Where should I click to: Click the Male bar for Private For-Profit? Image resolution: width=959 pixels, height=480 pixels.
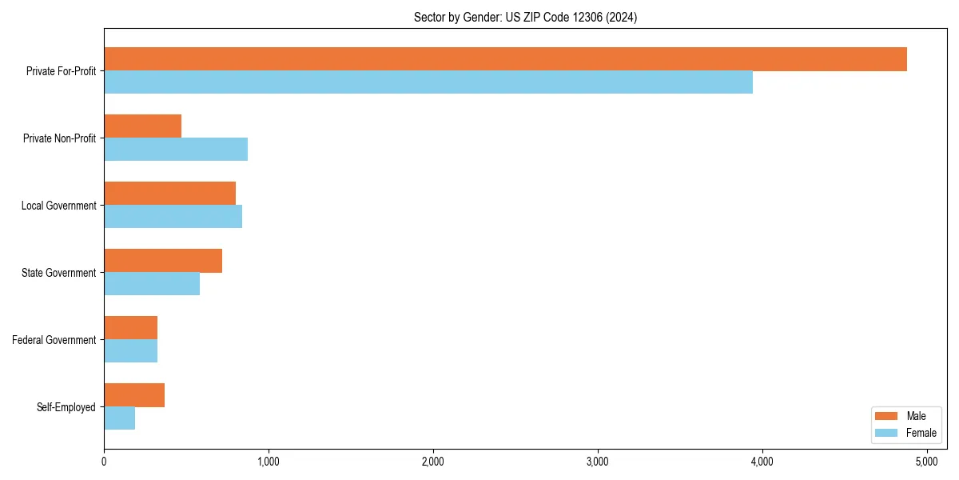click(x=505, y=59)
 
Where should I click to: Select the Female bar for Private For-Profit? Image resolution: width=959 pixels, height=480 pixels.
click(x=428, y=82)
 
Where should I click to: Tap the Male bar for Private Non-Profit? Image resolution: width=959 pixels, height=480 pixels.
click(x=143, y=126)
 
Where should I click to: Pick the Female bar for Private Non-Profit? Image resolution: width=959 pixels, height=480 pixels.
click(x=176, y=150)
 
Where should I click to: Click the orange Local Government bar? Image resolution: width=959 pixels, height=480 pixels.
click(x=170, y=194)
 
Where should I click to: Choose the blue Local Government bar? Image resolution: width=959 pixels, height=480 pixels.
click(x=173, y=217)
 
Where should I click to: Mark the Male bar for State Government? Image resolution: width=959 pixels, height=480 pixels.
click(x=163, y=261)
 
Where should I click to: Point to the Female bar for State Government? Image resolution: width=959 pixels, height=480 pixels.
click(x=152, y=284)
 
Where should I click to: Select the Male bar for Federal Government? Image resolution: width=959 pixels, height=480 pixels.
click(x=131, y=328)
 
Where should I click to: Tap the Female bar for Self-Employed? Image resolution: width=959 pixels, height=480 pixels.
click(x=120, y=418)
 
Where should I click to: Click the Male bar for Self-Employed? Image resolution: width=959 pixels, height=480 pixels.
click(x=134, y=395)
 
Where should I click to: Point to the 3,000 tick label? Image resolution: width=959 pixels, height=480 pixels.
click(x=598, y=462)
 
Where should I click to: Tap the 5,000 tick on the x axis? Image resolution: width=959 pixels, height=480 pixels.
click(x=927, y=462)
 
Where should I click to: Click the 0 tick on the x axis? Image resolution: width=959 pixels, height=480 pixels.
click(x=104, y=462)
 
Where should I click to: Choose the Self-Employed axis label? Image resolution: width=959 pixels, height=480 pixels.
click(x=66, y=407)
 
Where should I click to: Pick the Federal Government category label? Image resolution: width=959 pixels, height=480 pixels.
click(x=54, y=340)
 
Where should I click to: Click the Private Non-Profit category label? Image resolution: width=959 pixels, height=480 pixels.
click(x=59, y=138)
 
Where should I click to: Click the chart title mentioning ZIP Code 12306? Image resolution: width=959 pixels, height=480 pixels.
click(x=525, y=17)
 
